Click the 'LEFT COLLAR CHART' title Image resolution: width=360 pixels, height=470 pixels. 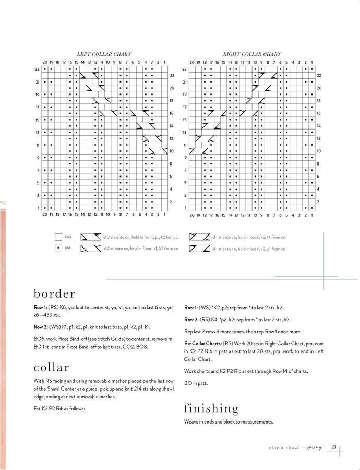pos(104,54)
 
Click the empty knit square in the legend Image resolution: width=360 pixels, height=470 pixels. pos(58,237)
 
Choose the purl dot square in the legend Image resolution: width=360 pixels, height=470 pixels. pos(58,248)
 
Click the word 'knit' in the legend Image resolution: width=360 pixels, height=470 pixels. pos(68,237)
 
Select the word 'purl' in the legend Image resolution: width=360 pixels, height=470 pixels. pos(68,248)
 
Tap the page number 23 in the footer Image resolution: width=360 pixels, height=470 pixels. pos(334,446)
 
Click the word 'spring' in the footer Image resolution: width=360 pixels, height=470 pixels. pos(315,446)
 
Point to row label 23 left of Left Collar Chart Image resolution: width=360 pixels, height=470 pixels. pos(38,69)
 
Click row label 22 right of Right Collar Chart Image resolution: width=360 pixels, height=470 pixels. pos(318,76)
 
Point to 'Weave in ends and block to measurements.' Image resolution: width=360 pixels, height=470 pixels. pos(229,422)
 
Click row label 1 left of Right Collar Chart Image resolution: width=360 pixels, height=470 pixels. pos(185,208)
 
